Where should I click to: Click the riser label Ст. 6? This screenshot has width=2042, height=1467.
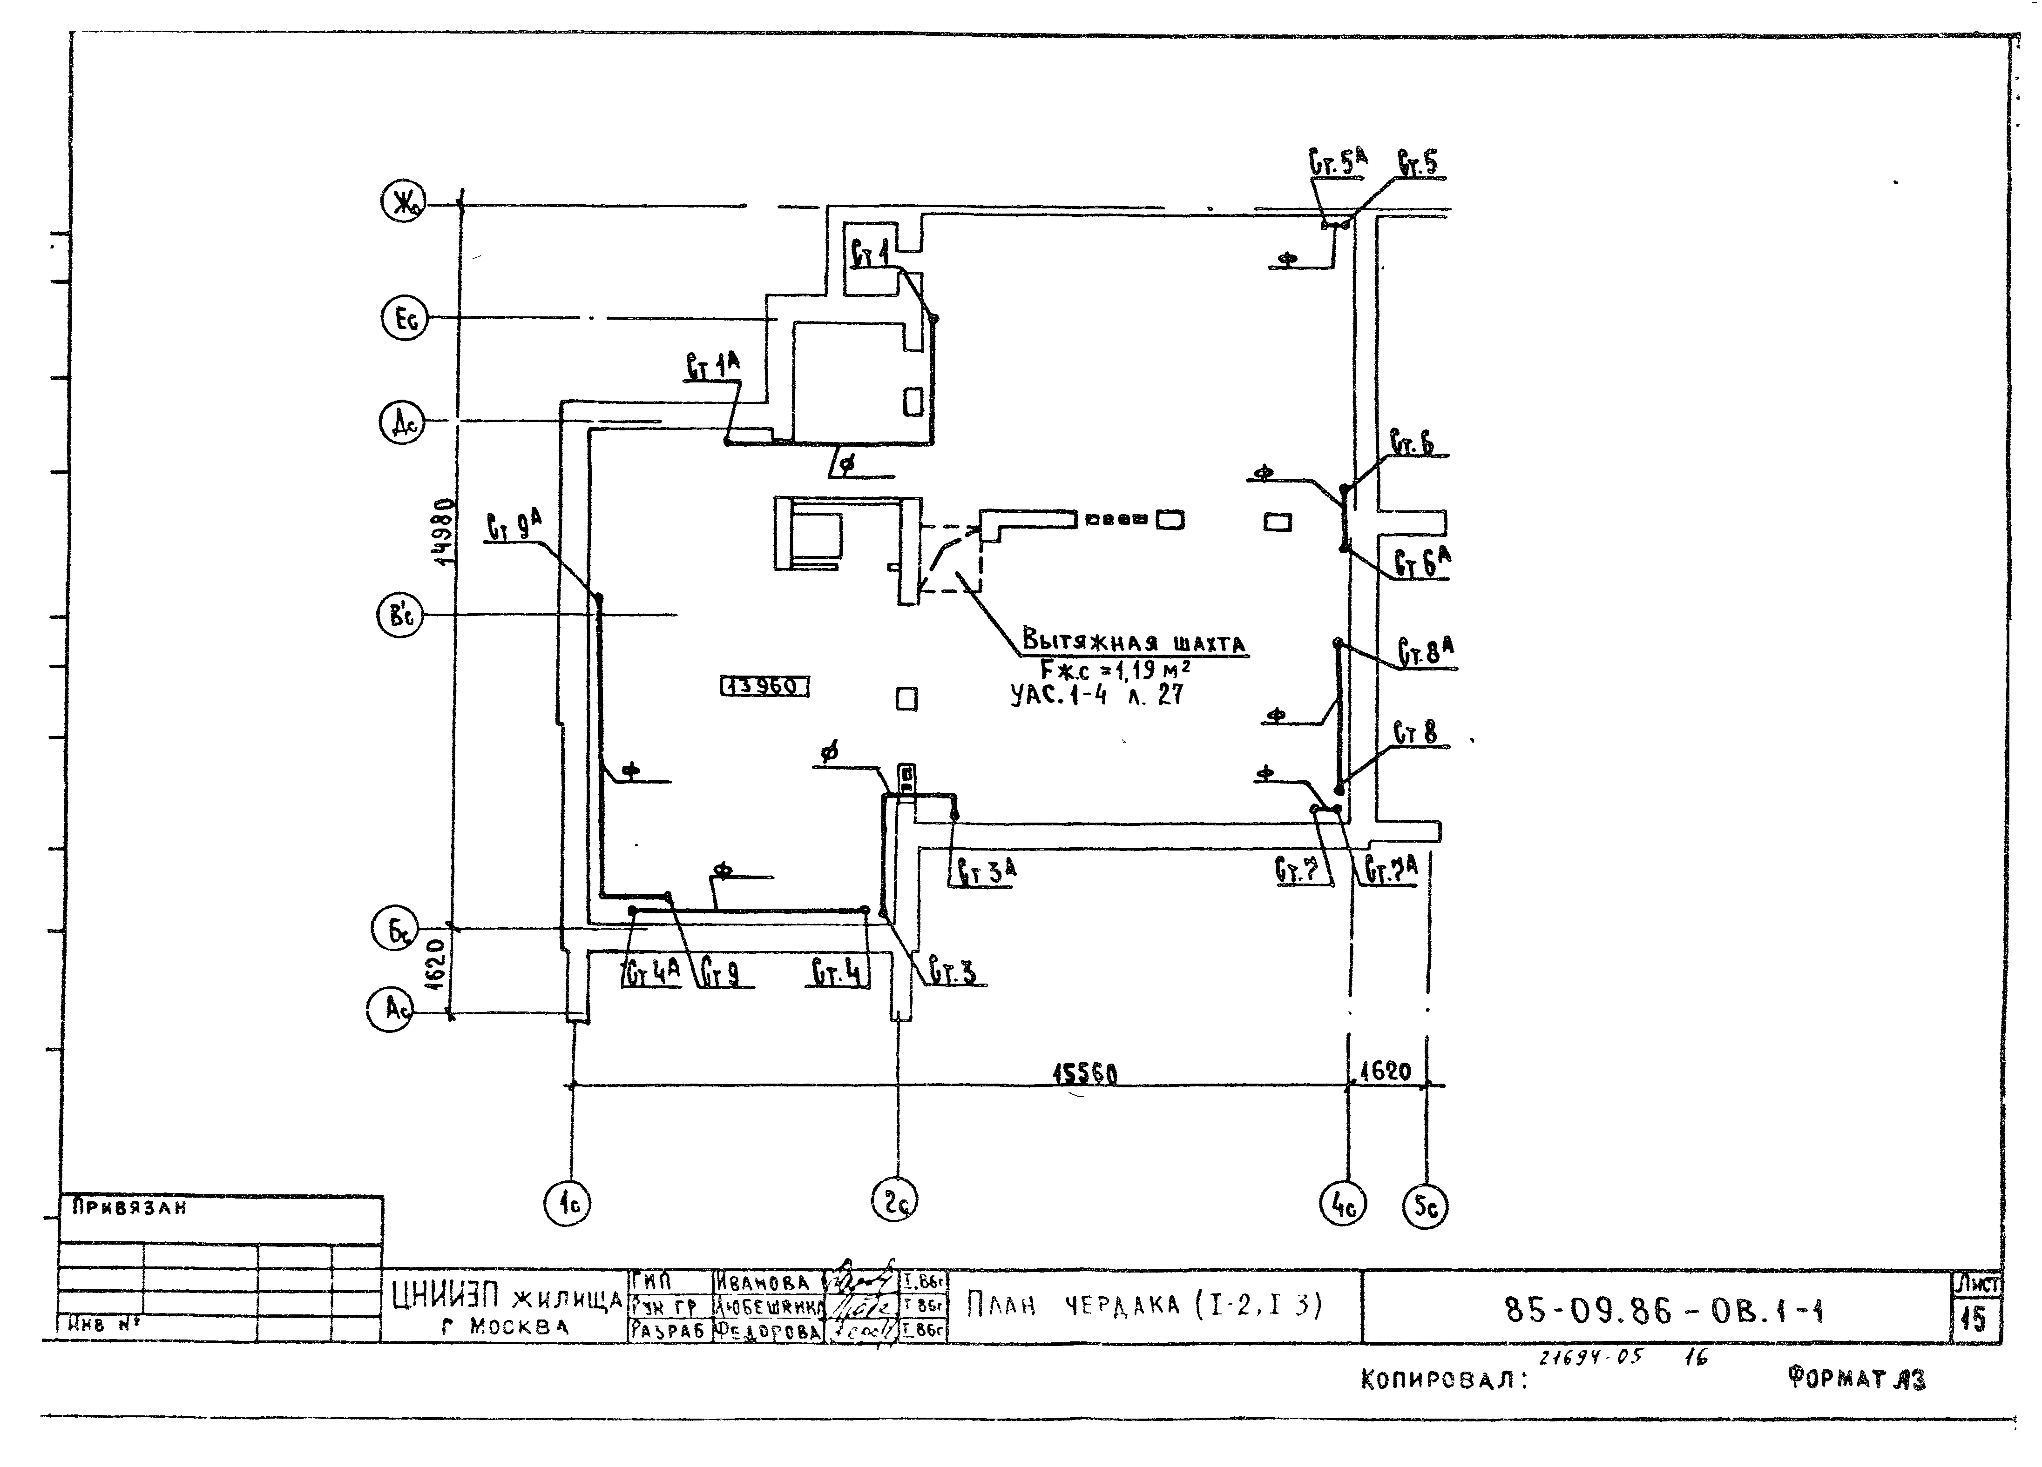coord(1412,444)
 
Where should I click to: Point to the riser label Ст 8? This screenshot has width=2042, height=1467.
coord(1415,733)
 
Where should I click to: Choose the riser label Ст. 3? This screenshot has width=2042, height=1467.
coord(953,972)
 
